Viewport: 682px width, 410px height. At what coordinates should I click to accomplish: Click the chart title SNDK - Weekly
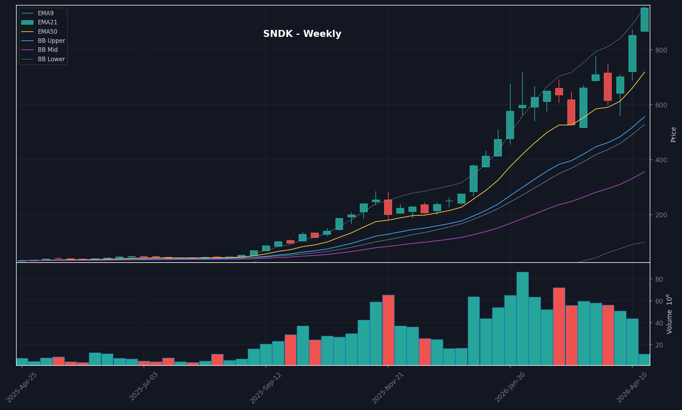click(x=302, y=34)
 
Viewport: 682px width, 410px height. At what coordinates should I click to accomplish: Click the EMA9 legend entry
click(x=46, y=13)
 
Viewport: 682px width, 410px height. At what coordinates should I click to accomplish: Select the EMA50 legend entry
click(x=47, y=32)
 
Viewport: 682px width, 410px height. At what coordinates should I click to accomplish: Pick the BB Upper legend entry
click(x=51, y=41)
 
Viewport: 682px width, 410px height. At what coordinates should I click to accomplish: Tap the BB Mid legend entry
click(x=48, y=50)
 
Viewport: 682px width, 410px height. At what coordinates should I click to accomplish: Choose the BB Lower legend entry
click(x=51, y=59)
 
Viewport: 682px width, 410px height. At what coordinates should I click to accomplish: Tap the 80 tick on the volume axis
click(x=659, y=279)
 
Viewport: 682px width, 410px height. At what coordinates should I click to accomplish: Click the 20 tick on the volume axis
click(x=659, y=345)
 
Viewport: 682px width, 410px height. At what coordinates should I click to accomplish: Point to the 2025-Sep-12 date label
click(x=266, y=388)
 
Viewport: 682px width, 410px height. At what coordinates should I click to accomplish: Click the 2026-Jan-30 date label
click(x=510, y=388)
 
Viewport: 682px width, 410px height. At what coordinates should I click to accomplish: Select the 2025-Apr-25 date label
click(x=22, y=388)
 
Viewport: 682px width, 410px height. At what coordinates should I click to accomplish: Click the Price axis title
click(x=673, y=135)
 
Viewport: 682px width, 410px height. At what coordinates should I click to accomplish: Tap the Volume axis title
click(x=669, y=314)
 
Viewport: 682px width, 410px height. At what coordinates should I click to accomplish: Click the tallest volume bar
click(x=522, y=318)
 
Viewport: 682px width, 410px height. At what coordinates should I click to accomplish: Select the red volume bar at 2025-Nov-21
click(x=388, y=330)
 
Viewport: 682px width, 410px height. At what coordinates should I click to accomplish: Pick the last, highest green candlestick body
click(x=644, y=19)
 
